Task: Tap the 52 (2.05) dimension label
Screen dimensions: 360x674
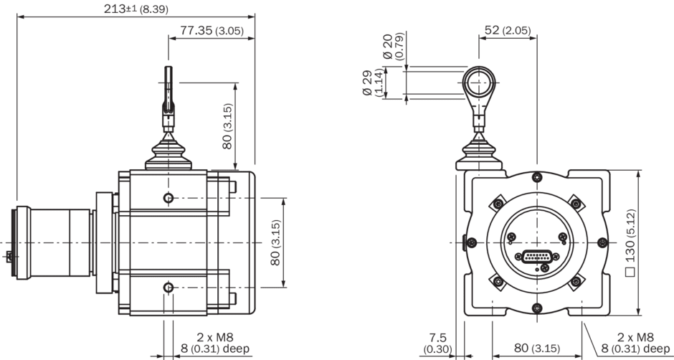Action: click(506, 30)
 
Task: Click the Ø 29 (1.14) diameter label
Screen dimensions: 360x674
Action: click(373, 82)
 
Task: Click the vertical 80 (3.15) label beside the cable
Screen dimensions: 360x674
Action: click(227, 126)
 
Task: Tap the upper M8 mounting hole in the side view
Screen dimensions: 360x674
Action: click(168, 198)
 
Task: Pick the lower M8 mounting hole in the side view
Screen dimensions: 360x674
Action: click(168, 288)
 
